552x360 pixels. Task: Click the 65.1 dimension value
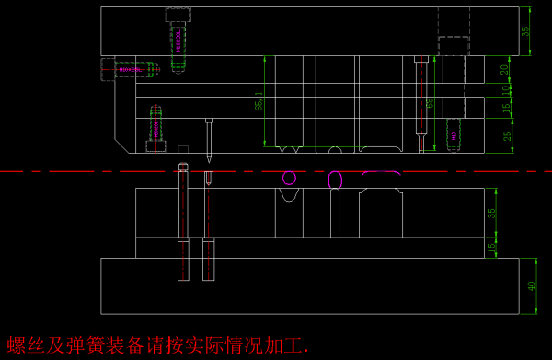pyautogui.click(x=259, y=99)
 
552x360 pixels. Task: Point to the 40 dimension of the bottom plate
pyautogui.click(x=532, y=286)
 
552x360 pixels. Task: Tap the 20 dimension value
pyautogui.click(x=504, y=69)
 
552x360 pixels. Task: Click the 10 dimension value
pyautogui.click(x=504, y=89)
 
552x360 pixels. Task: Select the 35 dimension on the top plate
pyautogui.click(x=525, y=30)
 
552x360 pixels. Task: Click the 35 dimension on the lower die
pyautogui.click(x=491, y=213)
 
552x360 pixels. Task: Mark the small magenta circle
pyautogui.click(x=289, y=178)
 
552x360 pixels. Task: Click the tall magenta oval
pyautogui.click(x=336, y=180)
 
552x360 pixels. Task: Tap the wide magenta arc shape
pyautogui.click(x=380, y=172)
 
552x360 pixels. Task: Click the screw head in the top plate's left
pyautogui.click(x=178, y=15)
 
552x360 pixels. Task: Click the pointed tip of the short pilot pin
pyautogui.click(x=209, y=161)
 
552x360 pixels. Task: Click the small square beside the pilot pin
pyautogui.click(x=183, y=148)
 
